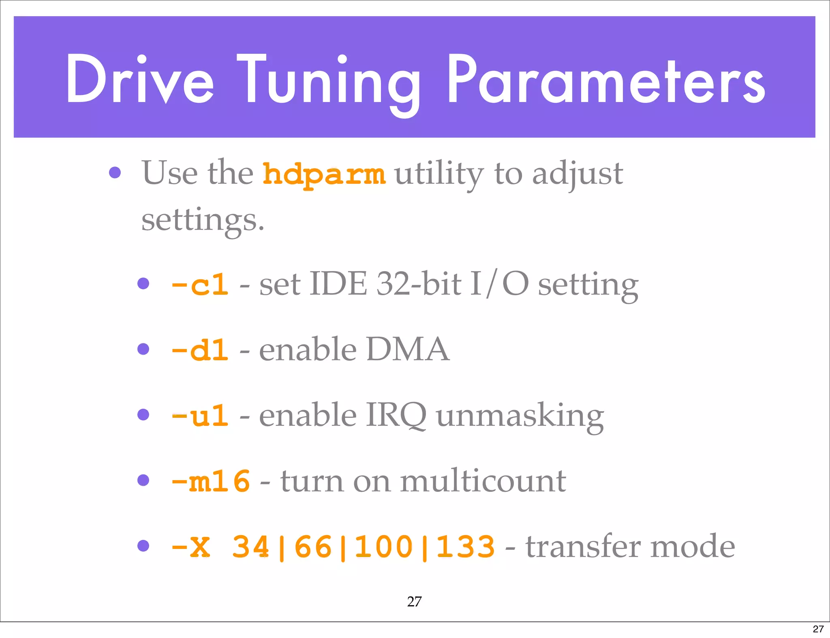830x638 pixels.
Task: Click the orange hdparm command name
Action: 324,174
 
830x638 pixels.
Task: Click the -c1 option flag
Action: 200,285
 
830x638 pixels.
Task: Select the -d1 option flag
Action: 200,350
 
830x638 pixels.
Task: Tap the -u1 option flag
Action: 200,416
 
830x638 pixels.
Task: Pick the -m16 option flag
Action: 210,481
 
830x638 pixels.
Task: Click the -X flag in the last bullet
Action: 191,547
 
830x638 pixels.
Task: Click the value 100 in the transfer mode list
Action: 383,547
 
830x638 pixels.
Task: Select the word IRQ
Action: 396,415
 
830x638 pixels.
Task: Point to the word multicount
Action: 483,481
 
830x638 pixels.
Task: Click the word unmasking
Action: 520,416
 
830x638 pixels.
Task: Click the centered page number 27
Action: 414,602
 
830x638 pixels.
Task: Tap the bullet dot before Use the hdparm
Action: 115,172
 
